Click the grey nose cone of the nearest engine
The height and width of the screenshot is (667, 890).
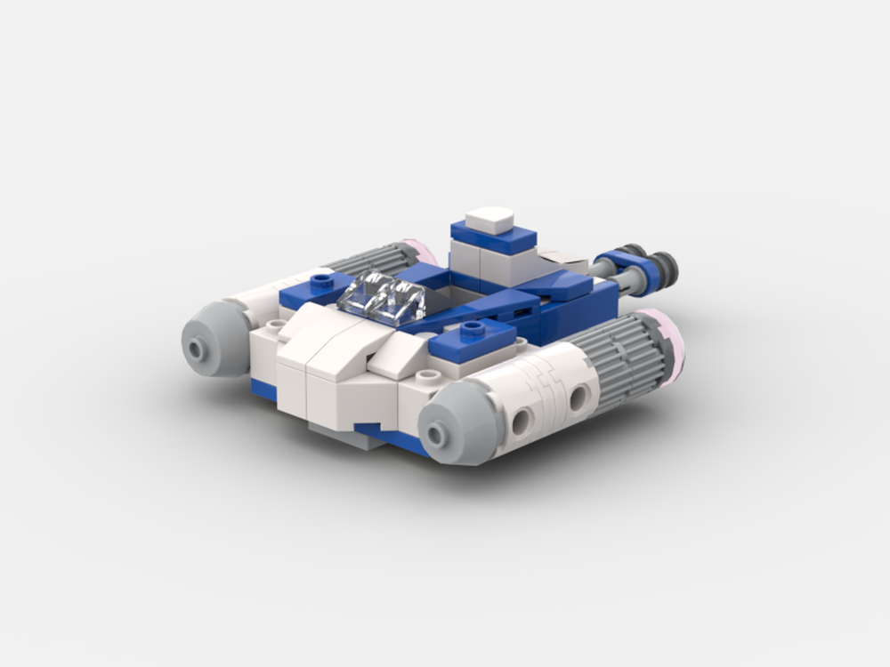454,429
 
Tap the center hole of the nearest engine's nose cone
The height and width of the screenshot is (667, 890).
436,434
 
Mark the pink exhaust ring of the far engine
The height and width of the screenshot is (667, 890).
425,250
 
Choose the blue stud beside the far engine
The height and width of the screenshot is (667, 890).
319,282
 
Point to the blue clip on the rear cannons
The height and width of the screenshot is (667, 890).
620,263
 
